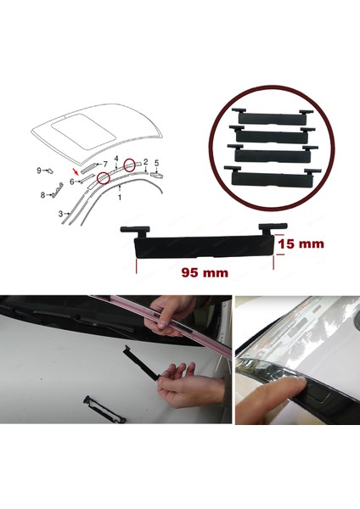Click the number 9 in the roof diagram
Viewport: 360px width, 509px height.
click(x=38, y=171)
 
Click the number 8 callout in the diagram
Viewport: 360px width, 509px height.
click(x=42, y=194)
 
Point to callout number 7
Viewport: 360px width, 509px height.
click(x=104, y=163)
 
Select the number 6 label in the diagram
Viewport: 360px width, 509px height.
click(x=73, y=180)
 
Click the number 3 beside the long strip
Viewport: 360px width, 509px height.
click(x=60, y=215)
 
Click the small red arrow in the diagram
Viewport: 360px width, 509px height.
click(x=79, y=168)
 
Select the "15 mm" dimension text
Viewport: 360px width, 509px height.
click(x=301, y=243)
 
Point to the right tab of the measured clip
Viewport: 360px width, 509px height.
click(x=264, y=228)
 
